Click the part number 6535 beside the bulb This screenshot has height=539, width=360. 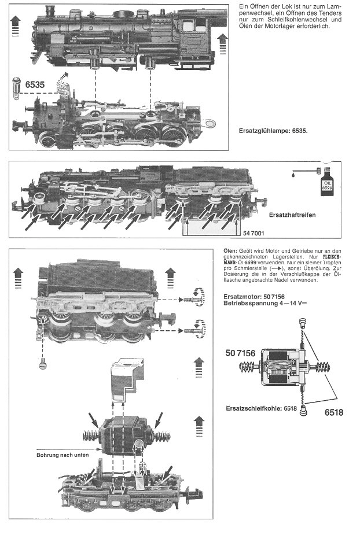click(x=36, y=84)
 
